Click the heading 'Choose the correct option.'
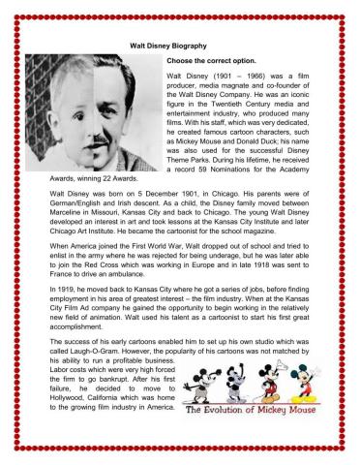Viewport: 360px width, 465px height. [212, 60]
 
